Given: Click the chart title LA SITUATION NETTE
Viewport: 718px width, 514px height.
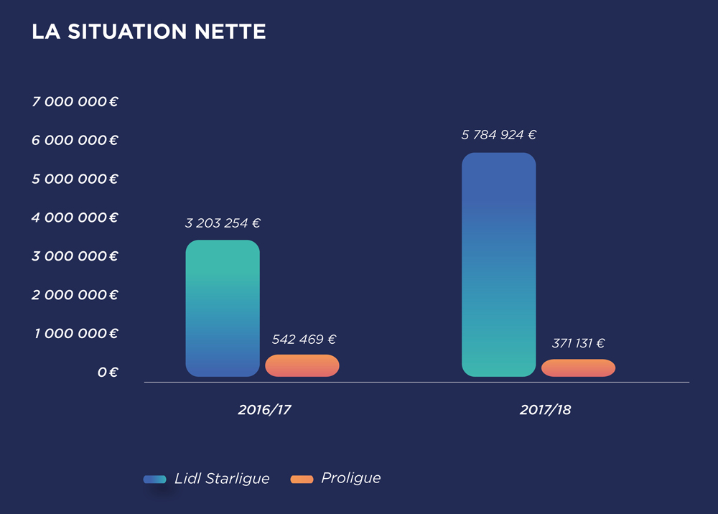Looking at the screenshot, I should click(149, 32).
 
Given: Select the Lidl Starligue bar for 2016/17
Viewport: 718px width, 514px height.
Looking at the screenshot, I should click(223, 309).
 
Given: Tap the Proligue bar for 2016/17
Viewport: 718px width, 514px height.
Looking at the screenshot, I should click(302, 365).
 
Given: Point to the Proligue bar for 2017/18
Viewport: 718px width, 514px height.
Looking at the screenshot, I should click(579, 368).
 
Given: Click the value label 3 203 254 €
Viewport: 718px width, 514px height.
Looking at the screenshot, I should click(223, 223).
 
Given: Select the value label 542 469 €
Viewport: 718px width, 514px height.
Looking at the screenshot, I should click(304, 340).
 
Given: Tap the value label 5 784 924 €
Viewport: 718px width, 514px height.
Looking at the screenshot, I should click(499, 135).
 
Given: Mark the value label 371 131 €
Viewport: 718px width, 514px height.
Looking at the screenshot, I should click(578, 344).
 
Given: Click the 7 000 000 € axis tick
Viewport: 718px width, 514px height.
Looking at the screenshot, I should click(75, 102).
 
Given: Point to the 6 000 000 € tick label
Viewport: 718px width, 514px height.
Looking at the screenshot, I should click(75, 141).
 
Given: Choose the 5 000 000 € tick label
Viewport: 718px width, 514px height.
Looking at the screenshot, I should click(75, 179).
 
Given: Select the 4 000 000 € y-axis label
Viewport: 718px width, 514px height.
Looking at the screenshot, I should click(75, 218).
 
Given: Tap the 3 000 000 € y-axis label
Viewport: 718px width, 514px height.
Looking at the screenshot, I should click(75, 256).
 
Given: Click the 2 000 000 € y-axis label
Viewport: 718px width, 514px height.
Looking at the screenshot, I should click(75, 295).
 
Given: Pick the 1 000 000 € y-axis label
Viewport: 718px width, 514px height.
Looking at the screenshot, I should click(75, 334).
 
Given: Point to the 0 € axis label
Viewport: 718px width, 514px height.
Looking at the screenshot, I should click(108, 373).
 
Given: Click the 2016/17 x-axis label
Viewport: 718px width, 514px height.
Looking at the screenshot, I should click(265, 411).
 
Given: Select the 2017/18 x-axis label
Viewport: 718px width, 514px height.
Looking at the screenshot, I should click(545, 411).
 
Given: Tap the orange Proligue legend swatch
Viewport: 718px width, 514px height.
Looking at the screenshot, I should click(302, 479).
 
